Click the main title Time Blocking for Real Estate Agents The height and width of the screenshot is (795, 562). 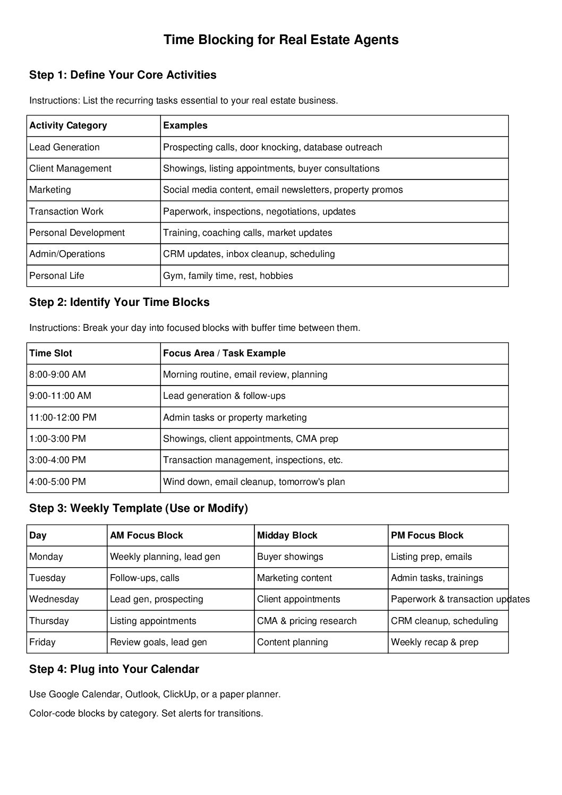click(x=280, y=40)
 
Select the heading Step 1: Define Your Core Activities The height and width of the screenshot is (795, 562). click(x=123, y=75)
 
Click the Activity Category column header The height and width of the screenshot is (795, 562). click(x=68, y=126)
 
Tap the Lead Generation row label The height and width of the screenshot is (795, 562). click(x=64, y=147)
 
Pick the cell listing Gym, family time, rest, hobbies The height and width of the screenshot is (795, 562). click(x=228, y=276)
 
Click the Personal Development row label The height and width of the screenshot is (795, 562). click(x=77, y=233)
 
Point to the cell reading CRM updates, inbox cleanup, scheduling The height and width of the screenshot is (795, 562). click(x=249, y=254)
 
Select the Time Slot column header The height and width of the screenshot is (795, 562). click(x=50, y=353)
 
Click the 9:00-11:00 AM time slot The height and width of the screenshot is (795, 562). click(x=60, y=396)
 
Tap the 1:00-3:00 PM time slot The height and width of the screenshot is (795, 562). click(x=57, y=439)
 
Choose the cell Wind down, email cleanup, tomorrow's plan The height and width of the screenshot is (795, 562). click(x=254, y=482)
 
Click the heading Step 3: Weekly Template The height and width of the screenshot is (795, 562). click(x=139, y=508)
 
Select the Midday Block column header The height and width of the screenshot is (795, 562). click(x=287, y=535)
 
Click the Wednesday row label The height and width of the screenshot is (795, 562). click(x=54, y=599)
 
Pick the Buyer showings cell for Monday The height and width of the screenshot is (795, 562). click(x=290, y=557)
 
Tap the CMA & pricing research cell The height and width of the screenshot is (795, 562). click(x=306, y=621)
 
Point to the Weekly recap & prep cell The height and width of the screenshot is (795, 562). click(x=435, y=642)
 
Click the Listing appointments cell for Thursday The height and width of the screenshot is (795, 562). click(x=153, y=621)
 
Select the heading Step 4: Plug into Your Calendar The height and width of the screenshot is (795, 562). click(x=114, y=669)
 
